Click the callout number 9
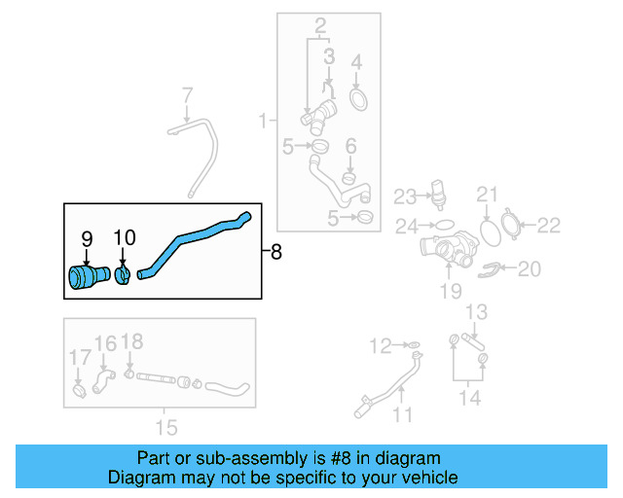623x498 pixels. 87,237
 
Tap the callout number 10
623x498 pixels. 126,237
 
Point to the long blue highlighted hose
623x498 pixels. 195,236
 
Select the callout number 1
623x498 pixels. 263,122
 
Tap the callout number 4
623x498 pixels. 356,63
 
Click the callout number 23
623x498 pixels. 405,197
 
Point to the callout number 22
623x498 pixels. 549,226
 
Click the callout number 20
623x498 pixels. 529,268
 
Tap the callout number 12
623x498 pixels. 380,344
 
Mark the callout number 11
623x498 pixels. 403,415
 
